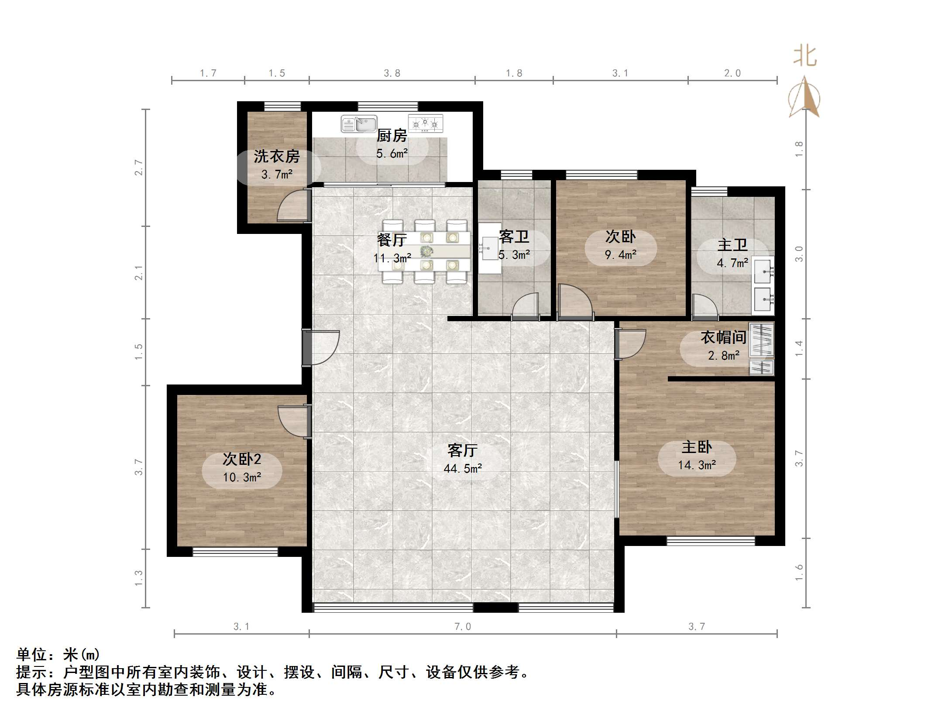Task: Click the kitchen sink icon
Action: pos(358,124)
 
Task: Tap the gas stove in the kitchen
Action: pos(425,124)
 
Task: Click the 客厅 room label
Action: pos(462,450)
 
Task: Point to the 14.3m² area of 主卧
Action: pos(697,465)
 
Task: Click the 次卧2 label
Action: pos(242,459)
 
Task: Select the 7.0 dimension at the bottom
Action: pos(462,627)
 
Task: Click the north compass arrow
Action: pos(804,98)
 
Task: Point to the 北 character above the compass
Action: pos(804,57)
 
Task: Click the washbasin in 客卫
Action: pos(489,248)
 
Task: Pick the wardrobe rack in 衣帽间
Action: pos(762,340)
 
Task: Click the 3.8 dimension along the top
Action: pos(392,73)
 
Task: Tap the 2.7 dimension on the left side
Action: pos(138,168)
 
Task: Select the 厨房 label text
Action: pos(392,136)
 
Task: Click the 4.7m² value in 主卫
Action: pos(732,263)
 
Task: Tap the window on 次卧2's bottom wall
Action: pos(235,552)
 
